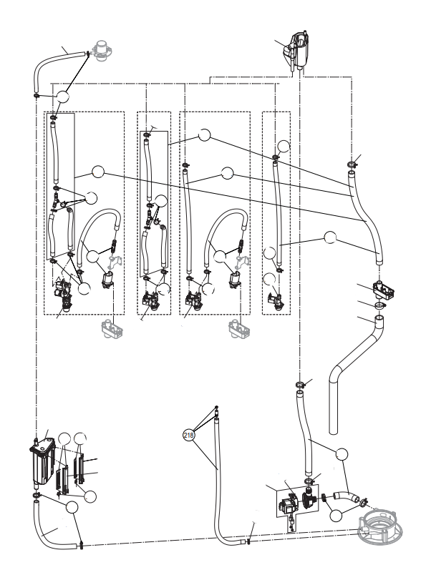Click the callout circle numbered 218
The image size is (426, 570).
tap(188, 435)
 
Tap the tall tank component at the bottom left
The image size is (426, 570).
tap(42, 461)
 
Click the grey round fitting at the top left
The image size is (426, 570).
tap(103, 51)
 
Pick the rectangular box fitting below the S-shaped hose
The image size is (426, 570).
tap(383, 290)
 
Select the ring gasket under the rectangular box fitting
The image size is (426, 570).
tap(379, 305)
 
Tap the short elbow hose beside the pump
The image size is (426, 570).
tap(346, 496)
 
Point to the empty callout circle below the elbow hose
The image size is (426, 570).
tap(336, 515)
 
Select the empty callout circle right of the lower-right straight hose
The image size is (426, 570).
tap(342, 454)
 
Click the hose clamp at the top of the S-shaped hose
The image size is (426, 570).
tap(352, 164)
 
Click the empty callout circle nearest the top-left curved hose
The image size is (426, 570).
tap(62, 97)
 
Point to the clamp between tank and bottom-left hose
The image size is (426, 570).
tap(37, 496)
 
